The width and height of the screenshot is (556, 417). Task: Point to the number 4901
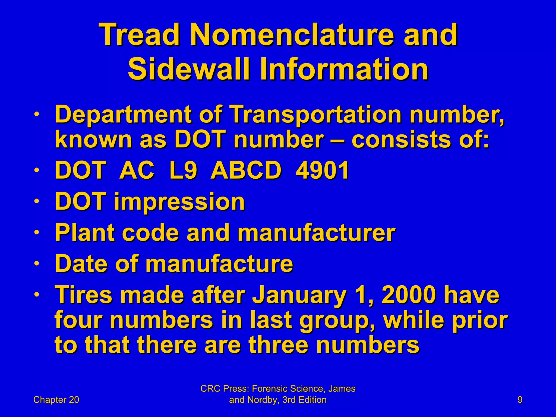click(322, 170)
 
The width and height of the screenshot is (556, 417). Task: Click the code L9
click(182, 170)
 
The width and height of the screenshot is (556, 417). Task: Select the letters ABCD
click(246, 170)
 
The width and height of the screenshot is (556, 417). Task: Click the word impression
click(179, 202)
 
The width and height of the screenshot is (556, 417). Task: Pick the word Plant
click(84, 233)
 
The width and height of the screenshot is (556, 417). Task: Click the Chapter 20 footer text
click(56, 400)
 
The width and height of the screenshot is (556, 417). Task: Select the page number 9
click(520, 400)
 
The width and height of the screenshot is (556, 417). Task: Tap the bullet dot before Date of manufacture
click(37, 264)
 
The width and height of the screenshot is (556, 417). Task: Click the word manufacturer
click(316, 233)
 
